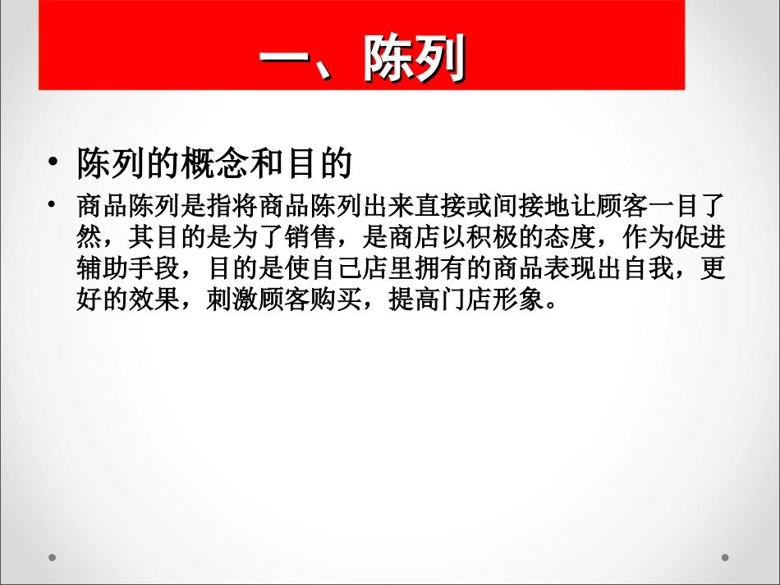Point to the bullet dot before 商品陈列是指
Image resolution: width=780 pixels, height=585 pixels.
53,204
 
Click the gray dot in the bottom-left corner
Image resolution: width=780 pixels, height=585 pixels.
51,557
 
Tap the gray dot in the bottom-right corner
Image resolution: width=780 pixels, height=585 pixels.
725,557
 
